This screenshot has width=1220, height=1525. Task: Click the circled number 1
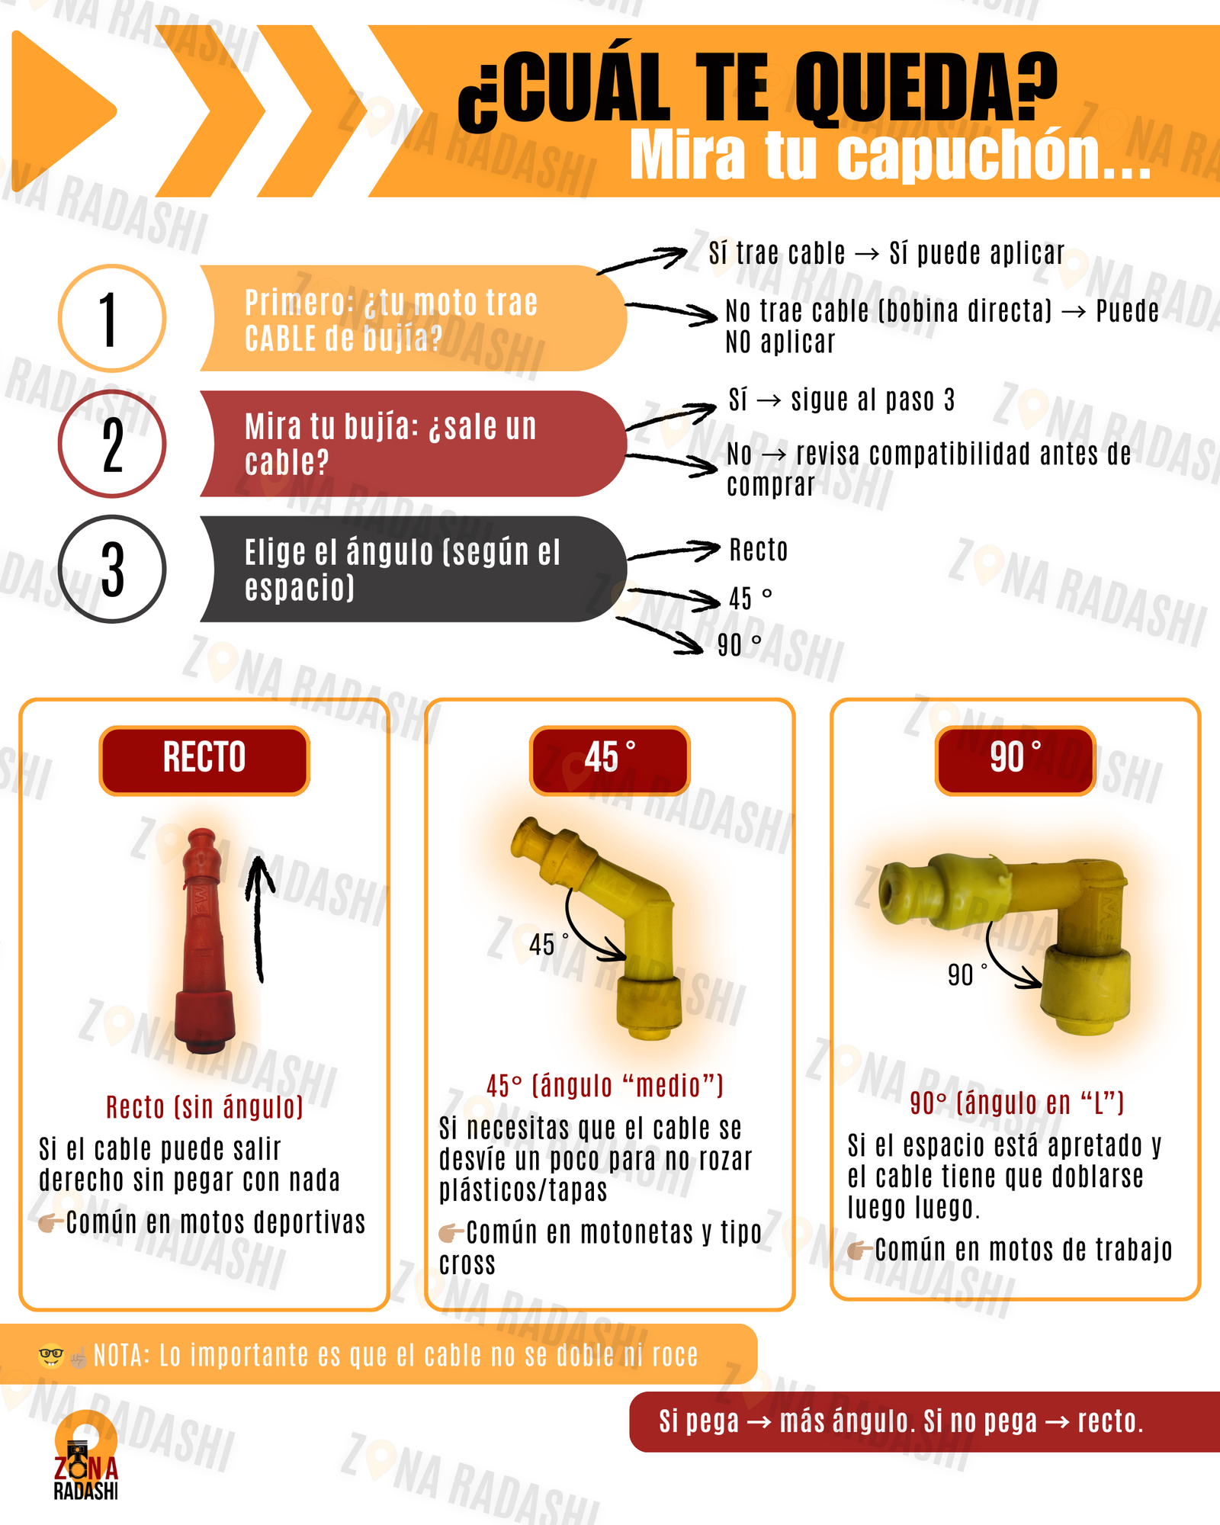point(112,319)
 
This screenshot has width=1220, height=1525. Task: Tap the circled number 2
point(112,444)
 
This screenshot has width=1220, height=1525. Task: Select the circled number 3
point(112,569)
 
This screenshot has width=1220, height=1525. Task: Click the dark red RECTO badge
point(204,760)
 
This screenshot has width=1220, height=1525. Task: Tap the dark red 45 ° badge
point(610,760)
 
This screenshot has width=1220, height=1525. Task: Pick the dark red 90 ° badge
point(1016,760)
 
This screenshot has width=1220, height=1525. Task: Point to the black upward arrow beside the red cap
point(258,919)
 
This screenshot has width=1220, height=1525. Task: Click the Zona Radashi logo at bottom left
point(85,1456)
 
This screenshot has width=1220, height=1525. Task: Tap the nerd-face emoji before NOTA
point(50,1356)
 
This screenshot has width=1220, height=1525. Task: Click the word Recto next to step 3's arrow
point(759,550)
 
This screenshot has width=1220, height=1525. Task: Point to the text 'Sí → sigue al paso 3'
point(842,400)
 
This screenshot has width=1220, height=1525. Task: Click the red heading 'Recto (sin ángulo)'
point(204,1107)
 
